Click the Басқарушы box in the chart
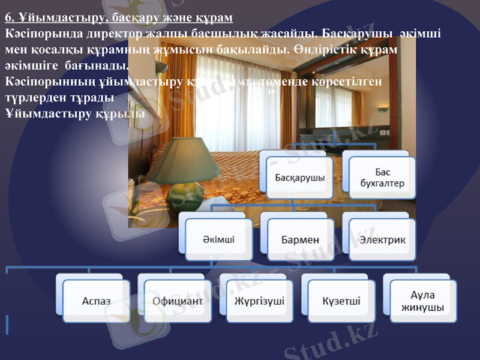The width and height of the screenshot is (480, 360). click(x=300, y=178)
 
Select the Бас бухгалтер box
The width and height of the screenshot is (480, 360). click(x=382, y=178)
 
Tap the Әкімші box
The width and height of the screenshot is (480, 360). click(x=218, y=239)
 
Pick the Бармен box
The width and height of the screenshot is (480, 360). click(x=300, y=239)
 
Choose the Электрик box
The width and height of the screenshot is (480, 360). click(x=382, y=239)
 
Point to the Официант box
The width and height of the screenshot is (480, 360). click(x=178, y=301)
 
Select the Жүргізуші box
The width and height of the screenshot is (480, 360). click(x=259, y=301)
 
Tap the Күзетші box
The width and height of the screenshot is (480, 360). click(x=341, y=301)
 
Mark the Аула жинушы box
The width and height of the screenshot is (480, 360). click(x=423, y=301)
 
